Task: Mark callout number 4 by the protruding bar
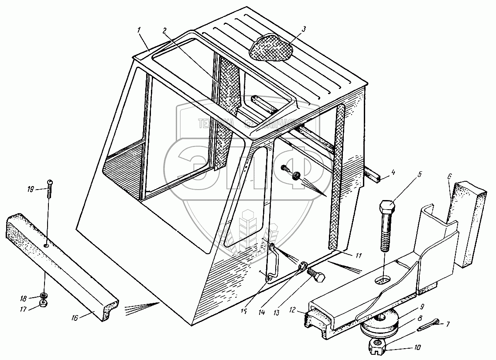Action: [393, 172]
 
